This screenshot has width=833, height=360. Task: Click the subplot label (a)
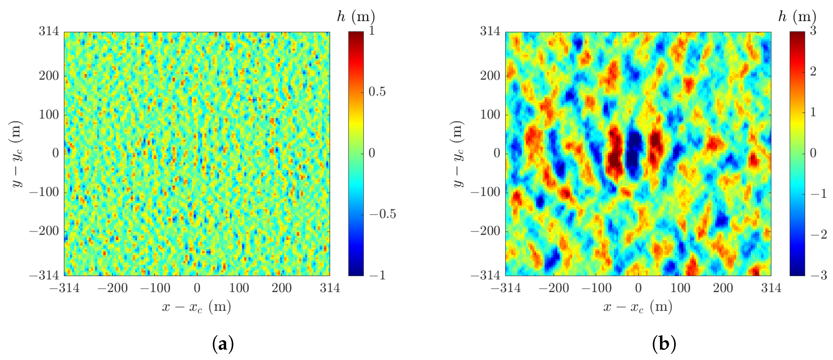pyautogui.click(x=223, y=343)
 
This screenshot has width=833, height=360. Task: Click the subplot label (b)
pyautogui.click(x=664, y=343)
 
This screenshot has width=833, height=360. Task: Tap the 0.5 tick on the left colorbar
pyautogui.click(x=377, y=92)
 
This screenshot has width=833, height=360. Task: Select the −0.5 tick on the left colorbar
pyautogui.click(x=383, y=214)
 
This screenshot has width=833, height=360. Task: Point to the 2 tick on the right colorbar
pyautogui.click(x=813, y=72)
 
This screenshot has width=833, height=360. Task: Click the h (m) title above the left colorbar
pyautogui.click(x=356, y=16)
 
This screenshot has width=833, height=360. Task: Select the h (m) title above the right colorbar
pyautogui.click(x=797, y=16)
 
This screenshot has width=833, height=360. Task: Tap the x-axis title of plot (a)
pyautogui.click(x=197, y=307)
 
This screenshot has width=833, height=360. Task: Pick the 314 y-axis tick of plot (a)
pyautogui.click(x=49, y=31)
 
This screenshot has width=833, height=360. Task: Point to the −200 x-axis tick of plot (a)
pyautogui.click(x=112, y=288)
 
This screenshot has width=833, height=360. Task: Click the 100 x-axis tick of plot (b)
pyautogui.click(x=680, y=288)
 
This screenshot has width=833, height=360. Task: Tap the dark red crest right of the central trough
pyautogui.click(x=655, y=147)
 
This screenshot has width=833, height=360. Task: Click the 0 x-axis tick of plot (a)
pyautogui.click(x=197, y=288)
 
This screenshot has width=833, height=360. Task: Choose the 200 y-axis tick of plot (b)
pyautogui.click(x=490, y=76)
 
